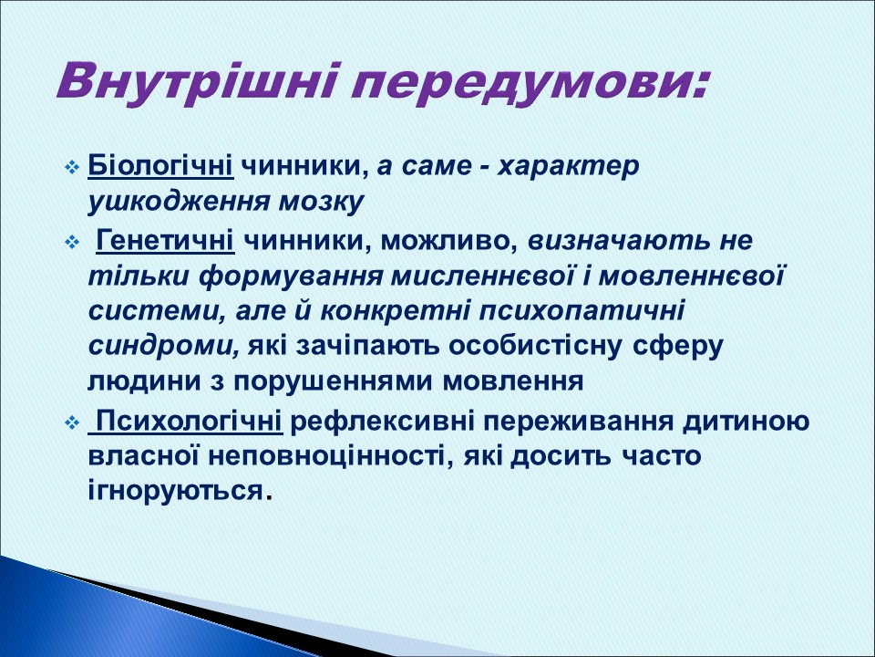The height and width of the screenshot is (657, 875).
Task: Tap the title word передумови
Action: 529,83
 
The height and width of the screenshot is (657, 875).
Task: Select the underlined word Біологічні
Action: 161,166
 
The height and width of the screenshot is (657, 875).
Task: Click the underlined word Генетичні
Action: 165,242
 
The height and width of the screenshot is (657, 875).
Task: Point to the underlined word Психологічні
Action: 190,422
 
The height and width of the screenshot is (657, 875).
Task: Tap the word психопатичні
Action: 592,311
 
